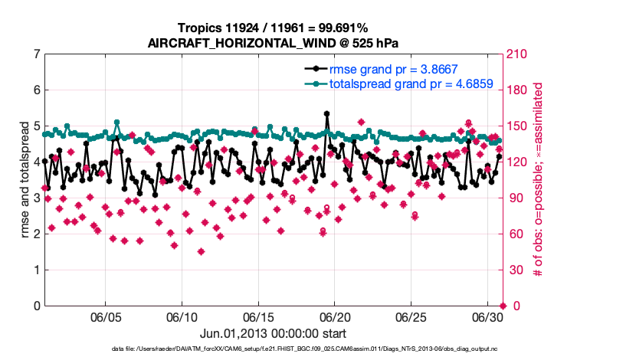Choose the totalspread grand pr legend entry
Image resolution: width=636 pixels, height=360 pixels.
[410, 83]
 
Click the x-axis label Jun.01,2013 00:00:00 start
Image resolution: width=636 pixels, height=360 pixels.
[273, 334]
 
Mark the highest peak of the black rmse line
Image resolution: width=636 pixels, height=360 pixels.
[326, 113]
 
